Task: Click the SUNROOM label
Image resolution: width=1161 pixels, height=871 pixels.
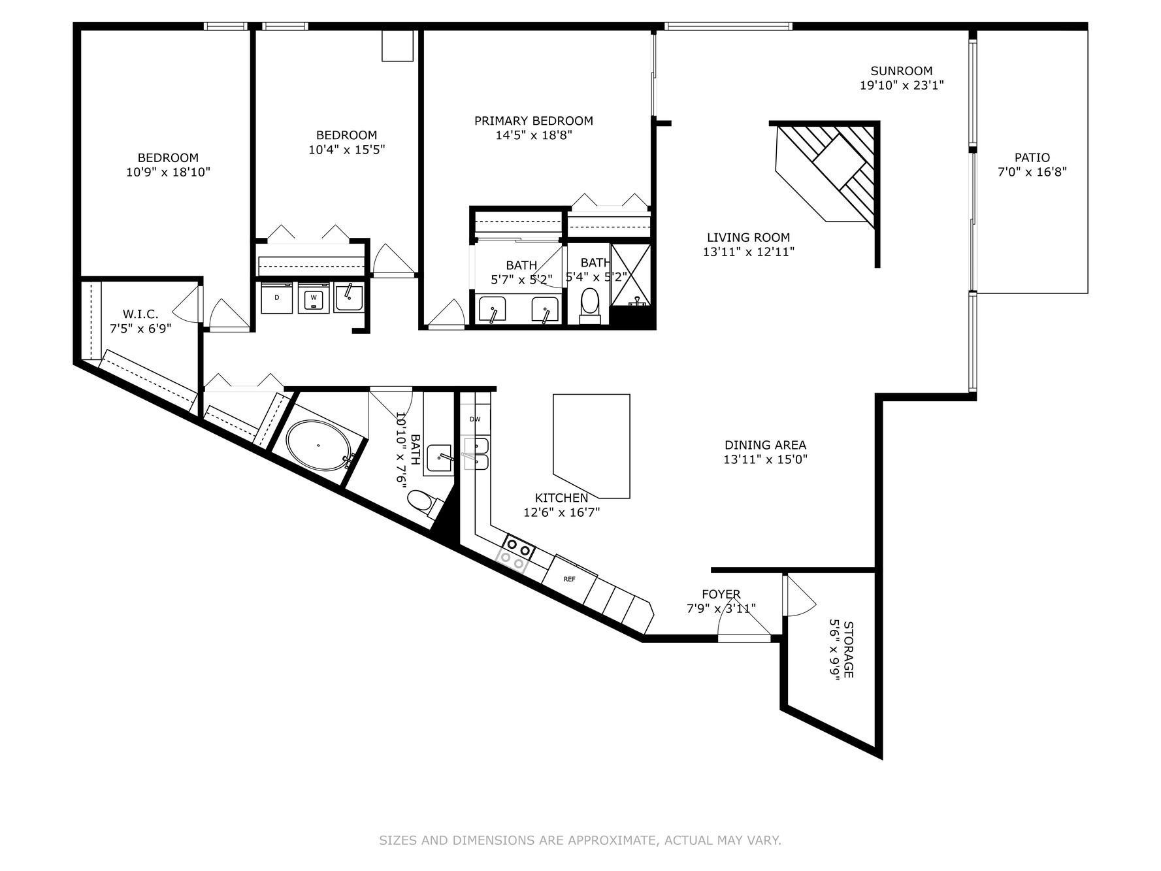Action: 901,71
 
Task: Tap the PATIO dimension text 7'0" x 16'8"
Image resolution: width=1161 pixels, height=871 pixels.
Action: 1032,172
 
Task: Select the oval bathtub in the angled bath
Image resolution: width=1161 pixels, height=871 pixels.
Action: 318,445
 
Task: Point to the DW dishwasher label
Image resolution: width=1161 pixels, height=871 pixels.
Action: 475,419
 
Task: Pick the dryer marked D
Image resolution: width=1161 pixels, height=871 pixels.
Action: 277,298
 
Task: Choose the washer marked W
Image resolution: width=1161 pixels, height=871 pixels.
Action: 314,298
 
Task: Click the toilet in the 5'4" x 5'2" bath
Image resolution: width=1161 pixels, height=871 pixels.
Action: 590,305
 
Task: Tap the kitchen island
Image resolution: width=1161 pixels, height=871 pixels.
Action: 591,446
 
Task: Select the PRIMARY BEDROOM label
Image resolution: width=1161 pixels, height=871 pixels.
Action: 534,121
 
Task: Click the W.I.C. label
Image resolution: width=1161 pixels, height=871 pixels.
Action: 140,314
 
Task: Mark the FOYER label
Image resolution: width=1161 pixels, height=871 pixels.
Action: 721,594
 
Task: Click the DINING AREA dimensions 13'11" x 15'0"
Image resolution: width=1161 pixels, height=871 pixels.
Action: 765,459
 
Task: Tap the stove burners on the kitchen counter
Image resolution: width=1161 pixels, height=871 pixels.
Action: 513,553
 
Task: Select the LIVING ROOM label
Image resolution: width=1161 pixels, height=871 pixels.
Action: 748,238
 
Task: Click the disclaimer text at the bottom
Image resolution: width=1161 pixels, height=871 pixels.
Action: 580,840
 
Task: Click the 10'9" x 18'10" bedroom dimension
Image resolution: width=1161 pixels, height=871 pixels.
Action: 168,173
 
